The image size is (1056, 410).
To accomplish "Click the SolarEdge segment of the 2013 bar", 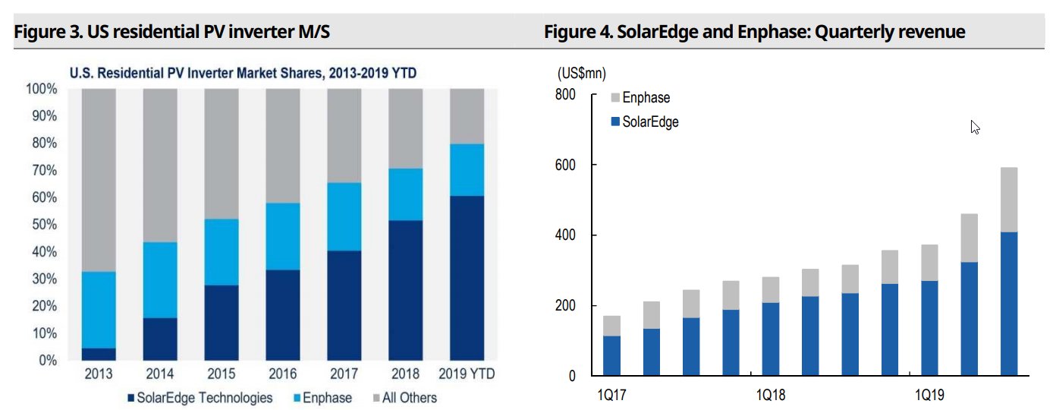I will pyautogui.click(x=99, y=354).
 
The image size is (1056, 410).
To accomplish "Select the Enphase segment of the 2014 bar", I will pyautogui.click(x=160, y=279).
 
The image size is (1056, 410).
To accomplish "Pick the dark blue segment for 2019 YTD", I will pyautogui.click(x=467, y=278).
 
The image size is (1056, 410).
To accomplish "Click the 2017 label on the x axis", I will pyautogui.click(x=344, y=374).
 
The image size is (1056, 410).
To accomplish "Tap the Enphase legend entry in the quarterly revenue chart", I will pyautogui.click(x=645, y=97).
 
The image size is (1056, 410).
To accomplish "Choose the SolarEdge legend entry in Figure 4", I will pyautogui.click(x=649, y=121).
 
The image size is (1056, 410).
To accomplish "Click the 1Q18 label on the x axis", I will pyautogui.click(x=772, y=395).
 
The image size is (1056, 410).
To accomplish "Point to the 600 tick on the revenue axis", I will pyautogui.click(x=564, y=165).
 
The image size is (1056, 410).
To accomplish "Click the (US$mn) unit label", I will pyautogui.click(x=581, y=74).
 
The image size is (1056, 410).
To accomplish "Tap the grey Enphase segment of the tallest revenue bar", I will pyautogui.click(x=1008, y=200).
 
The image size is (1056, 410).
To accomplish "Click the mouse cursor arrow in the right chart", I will pyautogui.click(x=975, y=127).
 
